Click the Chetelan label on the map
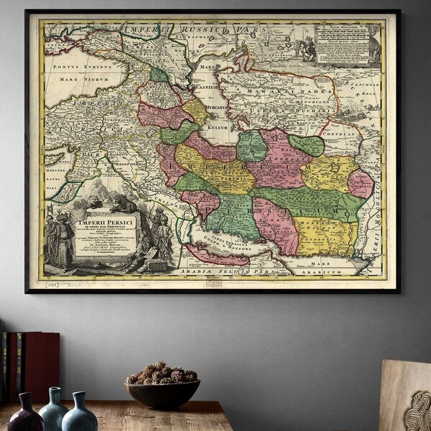click(x=342, y=132)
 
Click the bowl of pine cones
click(x=162, y=388)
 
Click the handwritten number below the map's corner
click(x=52, y=287)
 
